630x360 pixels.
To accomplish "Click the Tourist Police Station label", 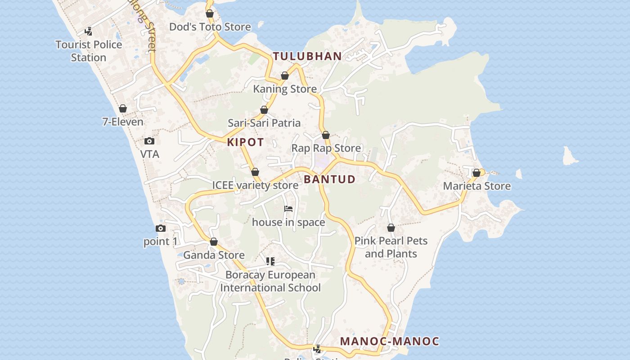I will click(x=89, y=51).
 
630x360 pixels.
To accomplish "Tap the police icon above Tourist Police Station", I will click(x=89, y=31).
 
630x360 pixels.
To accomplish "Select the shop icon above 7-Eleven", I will click(x=123, y=108).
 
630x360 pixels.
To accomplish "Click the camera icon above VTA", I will click(x=149, y=141).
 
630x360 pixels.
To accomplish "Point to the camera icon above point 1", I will click(x=160, y=229).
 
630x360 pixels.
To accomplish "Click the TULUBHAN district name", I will click(x=307, y=56).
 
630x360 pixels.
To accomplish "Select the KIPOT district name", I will click(x=245, y=142).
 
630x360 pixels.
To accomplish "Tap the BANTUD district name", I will click(x=329, y=179).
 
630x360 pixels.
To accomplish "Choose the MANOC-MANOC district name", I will click(x=389, y=341).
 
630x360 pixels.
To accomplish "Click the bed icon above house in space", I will click(x=288, y=209).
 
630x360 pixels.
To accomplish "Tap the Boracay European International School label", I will click(x=270, y=281).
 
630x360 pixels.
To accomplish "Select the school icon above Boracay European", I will click(x=270, y=261).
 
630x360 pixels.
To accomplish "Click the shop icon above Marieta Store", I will click(x=477, y=173).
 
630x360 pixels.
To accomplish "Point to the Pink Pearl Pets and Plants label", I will click(x=391, y=247).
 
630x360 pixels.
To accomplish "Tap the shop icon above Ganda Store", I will click(x=214, y=242).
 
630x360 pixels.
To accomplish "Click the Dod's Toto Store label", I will click(x=210, y=27).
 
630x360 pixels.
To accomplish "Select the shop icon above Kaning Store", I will click(x=285, y=76).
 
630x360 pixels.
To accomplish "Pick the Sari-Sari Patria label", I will click(x=264, y=123).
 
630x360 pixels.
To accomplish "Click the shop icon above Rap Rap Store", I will click(x=326, y=135).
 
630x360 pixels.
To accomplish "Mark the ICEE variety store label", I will click(x=255, y=185).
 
